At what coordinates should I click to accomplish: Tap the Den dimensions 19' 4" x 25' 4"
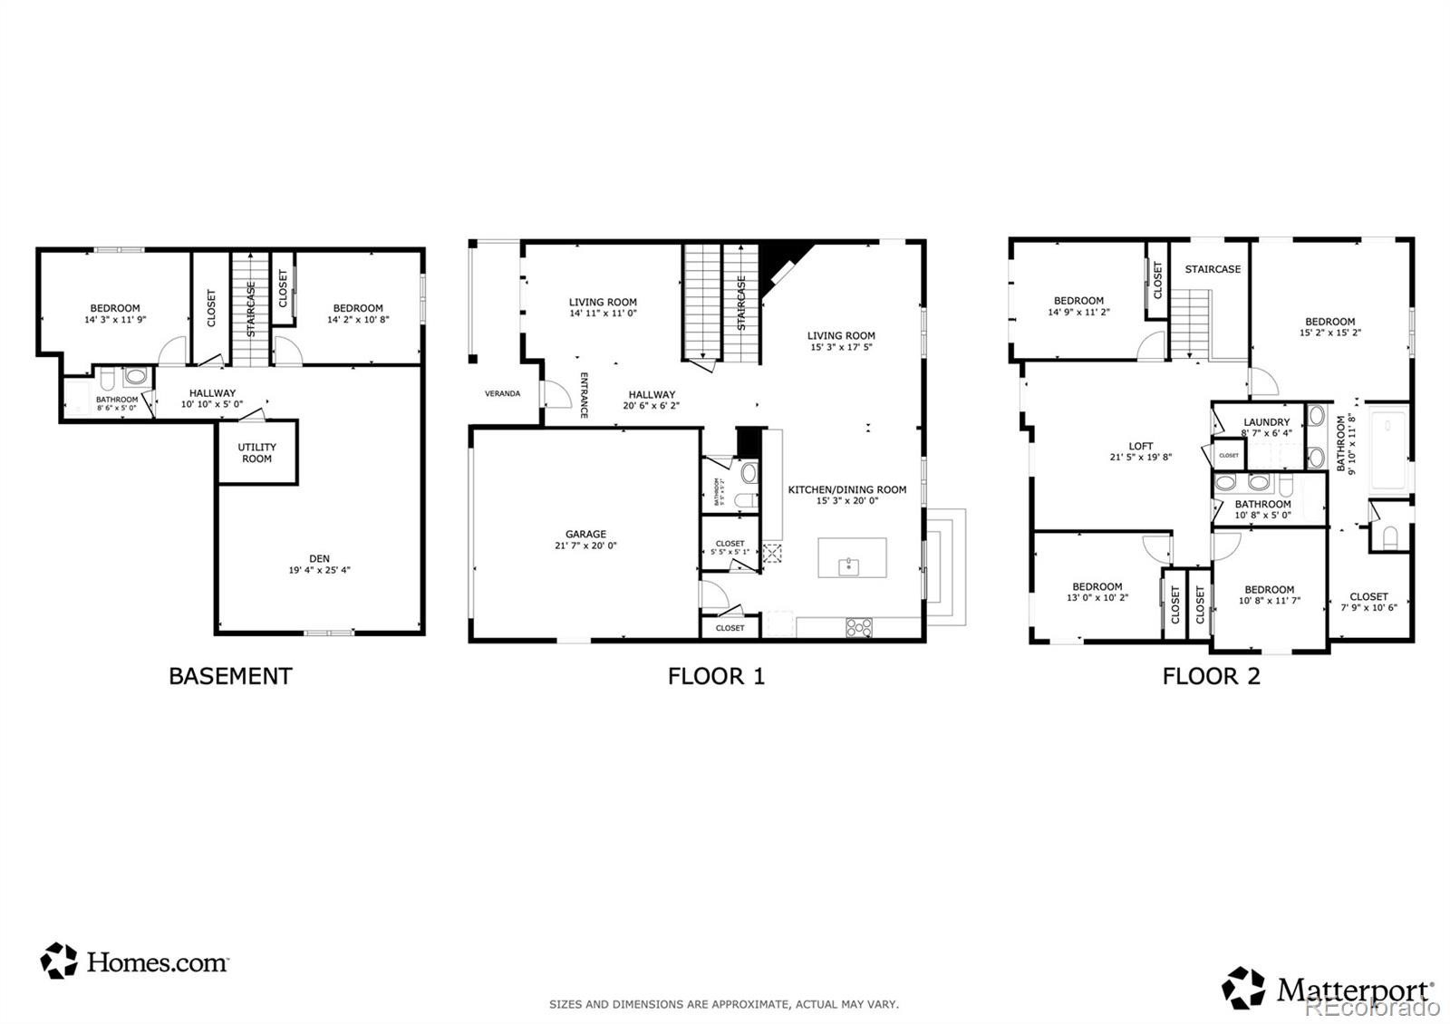[x=319, y=571]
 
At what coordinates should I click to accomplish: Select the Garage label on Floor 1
[x=585, y=534]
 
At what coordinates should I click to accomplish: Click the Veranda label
[x=502, y=393]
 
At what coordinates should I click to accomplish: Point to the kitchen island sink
[x=849, y=566]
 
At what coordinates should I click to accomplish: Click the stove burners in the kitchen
[x=858, y=626]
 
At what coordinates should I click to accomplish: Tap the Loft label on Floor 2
[x=1141, y=446]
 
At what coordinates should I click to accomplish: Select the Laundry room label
[x=1266, y=422]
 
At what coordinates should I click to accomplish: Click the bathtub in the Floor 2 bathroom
[x=1387, y=450]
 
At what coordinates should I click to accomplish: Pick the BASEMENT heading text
[x=230, y=676]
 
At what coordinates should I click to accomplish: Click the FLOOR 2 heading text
[x=1211, y=676]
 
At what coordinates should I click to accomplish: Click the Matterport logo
[x=1328, y=989]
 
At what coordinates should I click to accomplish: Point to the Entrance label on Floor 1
[x=585, y=395]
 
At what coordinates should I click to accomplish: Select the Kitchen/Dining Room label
[x=846, y=489]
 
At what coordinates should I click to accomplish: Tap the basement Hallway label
[x=212, y=393]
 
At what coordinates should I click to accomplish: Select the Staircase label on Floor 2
[x=1213, y=269]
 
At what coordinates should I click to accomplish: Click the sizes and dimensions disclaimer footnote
[x=723, y=1004]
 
